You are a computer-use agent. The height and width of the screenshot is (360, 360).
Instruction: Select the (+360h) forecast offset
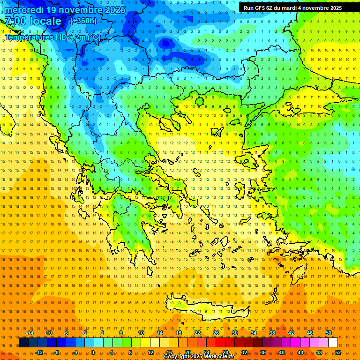coord(83,21)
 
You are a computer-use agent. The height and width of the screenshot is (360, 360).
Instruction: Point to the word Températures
coord(29,37)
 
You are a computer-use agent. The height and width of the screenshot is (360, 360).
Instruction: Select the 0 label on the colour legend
coord(93,352)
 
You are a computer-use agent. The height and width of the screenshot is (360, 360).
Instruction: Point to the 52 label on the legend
coord(338,352)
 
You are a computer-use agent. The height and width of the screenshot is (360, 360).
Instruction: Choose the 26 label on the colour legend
coord(216,333)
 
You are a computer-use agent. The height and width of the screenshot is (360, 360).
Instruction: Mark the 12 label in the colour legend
coord(150,352)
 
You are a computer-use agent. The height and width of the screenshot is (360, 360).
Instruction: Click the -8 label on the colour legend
coord(57,352)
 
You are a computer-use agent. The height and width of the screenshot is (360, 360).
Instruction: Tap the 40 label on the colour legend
coord(282,352)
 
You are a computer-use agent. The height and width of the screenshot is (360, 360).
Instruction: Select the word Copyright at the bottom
coord(177,357)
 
